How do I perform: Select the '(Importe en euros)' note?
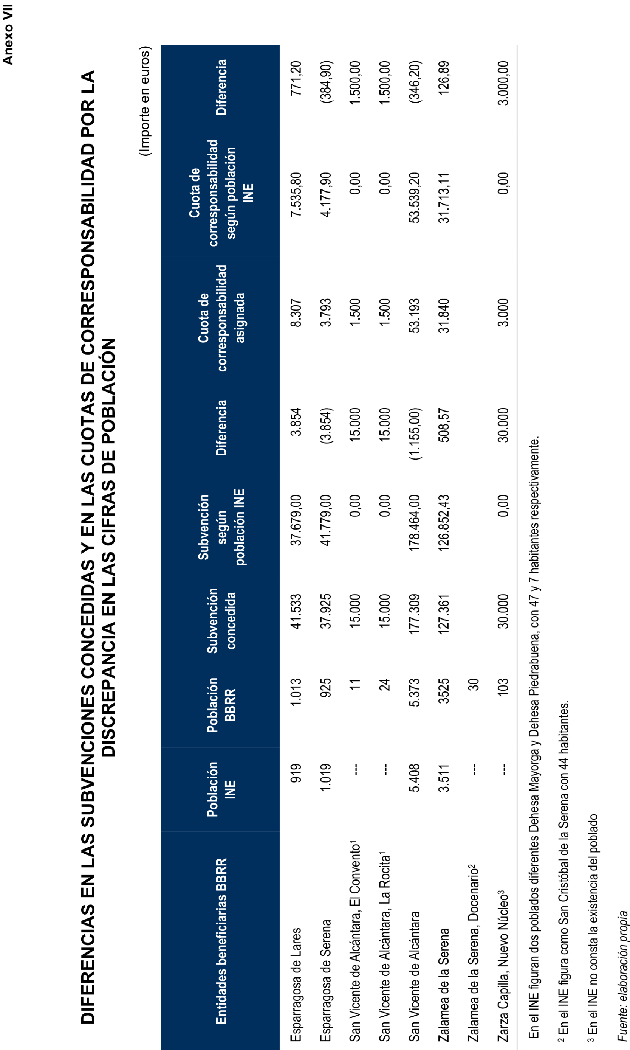pyautogui.click(x=145, y=101)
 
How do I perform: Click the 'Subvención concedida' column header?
pyautogui.click(x=221, y=621)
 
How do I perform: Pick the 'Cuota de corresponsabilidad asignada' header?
pyautogui.click(x=221, y=318)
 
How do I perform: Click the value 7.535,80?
pyautogui.click(x=296, y=194)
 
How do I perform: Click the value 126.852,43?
pyautogui.click(x=444, y=523)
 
